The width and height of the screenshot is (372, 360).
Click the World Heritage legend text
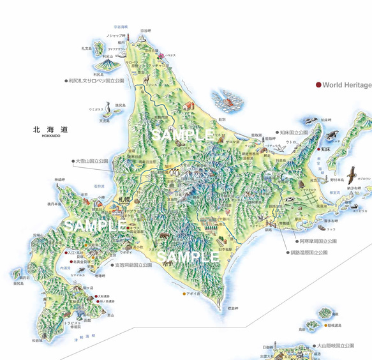pyautogui.click(x=346, y=84)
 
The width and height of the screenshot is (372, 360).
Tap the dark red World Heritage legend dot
pyautogui.click(x=318, y=84)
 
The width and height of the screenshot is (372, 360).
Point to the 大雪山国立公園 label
pyautogui.click(x=92, y=161)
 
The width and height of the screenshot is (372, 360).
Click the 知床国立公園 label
pyautogui.click(x=294, y=133)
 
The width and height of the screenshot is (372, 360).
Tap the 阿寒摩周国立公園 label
pyautogui.click(x=321, y=242)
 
